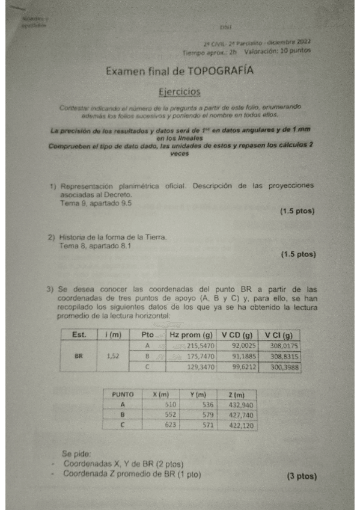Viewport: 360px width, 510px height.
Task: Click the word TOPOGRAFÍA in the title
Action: [x=221, y=71]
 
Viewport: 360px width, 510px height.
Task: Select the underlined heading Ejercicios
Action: [x=178, y=91]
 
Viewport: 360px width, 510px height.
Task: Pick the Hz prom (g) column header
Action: [x=191, y=335]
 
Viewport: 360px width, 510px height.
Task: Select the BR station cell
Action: [x=79, y=356]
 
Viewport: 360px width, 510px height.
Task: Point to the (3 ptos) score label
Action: [x=301, y=476]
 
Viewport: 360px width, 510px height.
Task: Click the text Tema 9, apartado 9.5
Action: [x=96, y=203]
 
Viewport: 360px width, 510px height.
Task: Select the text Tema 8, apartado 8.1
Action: [x=96, y=246]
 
